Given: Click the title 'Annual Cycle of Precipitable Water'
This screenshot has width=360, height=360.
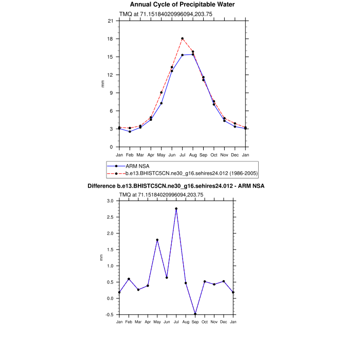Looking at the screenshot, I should click(183, 5).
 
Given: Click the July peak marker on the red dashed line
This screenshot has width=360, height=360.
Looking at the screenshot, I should click(183, 39).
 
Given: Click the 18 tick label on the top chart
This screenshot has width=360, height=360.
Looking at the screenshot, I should click(111, 39).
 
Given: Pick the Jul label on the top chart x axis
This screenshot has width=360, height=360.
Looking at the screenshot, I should click(183, 154).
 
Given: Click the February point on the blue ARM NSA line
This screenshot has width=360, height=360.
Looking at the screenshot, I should click(130, 132).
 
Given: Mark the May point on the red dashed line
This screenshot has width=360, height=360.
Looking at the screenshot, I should click(161, 93).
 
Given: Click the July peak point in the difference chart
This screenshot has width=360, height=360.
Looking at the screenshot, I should click(176, 209).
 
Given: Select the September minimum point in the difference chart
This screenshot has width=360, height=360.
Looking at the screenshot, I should click(195, 314).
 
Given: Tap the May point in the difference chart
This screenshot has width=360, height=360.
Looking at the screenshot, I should click(157, 240).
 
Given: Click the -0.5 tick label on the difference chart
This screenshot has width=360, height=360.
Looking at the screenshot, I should click(110, 315).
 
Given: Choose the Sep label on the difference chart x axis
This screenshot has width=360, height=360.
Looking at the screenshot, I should click(195, 321).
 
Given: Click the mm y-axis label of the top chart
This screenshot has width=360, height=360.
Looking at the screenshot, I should click(102, 84).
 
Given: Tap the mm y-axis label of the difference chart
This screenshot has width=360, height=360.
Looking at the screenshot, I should click(101, 258).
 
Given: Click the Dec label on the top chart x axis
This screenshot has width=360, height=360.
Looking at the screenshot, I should click(235, 154).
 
